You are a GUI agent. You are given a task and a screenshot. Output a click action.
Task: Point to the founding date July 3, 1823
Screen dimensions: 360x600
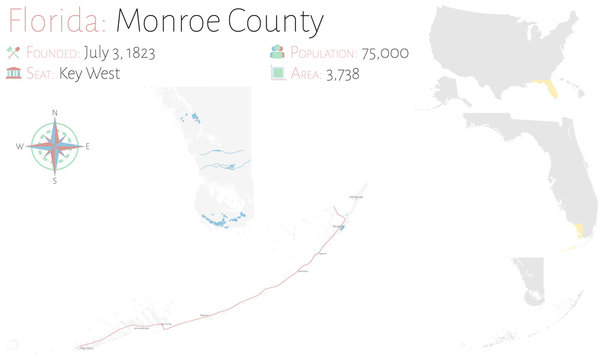pyautogui.click(x=119, y=51)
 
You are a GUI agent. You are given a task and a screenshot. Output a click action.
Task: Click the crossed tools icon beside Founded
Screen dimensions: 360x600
pyautogui.click(x=13, y=51)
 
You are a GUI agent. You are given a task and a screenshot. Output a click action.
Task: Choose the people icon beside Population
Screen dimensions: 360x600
pyautogui.click(x=276, y=52)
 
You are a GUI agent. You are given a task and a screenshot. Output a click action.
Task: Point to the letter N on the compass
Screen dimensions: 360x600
pyautogui.click(x=54, y=112)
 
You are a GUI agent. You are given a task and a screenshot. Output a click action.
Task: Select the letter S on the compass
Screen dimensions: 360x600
pyautogui.click(x=54, y=182)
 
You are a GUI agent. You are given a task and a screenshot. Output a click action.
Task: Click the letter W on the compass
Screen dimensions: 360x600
pyautogui.click(x=19, y=147)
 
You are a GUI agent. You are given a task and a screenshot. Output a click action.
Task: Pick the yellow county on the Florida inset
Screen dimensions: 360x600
pyautogui.click(x=578, y=237)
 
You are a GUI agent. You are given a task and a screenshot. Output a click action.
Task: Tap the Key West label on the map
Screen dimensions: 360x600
pyautogui.click(x=85, y=348)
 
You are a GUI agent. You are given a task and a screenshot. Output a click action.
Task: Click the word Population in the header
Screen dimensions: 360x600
pyautogui.click(x=322, y=51)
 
